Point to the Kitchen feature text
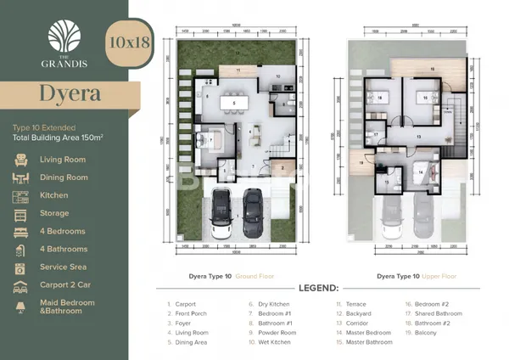click(55, 196)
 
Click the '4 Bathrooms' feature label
click(63, 250)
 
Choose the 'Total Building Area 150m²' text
click(58, 136)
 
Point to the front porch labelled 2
click(283, 168)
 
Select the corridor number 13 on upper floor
click(417, 136)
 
